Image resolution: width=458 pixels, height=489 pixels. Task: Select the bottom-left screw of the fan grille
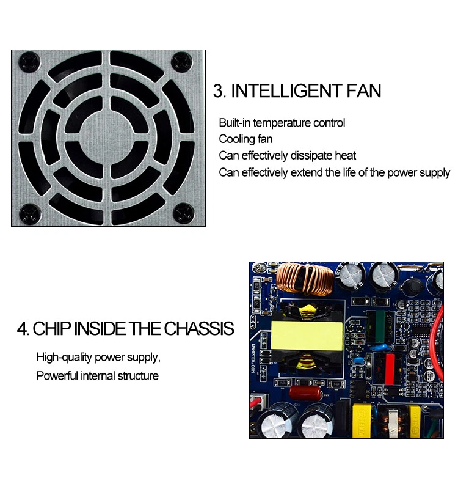[28, 213]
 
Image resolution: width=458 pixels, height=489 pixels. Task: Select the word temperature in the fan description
[283, 123]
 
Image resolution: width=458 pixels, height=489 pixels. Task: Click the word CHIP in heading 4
[51, 329]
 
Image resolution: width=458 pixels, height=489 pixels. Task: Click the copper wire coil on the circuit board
[304, 278]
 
